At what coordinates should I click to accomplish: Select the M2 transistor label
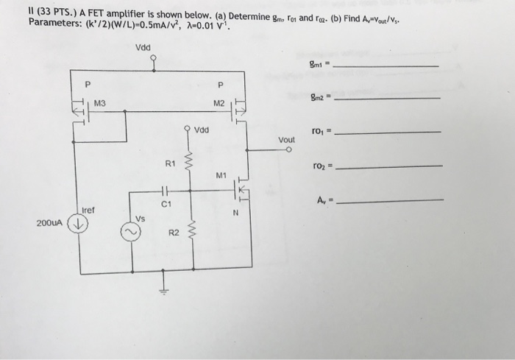pyautogui.click(x=219, y=103)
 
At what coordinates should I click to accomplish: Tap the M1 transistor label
pyautogui.click(x=221, y=175)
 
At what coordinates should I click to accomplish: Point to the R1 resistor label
pyautogui.click(x=169, y=163)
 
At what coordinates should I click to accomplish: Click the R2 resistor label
pyautogui.click(x=174, y=233)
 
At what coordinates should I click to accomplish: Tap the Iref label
pyautogui.click(x=88, y=210)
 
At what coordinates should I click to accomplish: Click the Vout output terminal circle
pyautogui.click(x=290, y=150)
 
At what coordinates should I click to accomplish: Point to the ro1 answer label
pyautogui.click(x=320, y=132)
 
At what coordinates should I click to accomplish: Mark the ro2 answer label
pyautogui.click(x=320, y=166)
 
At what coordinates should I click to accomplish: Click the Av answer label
pyautogui.click(x=322, y=199)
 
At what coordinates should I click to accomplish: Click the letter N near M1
pyautogui.click(x=235, y=214)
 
